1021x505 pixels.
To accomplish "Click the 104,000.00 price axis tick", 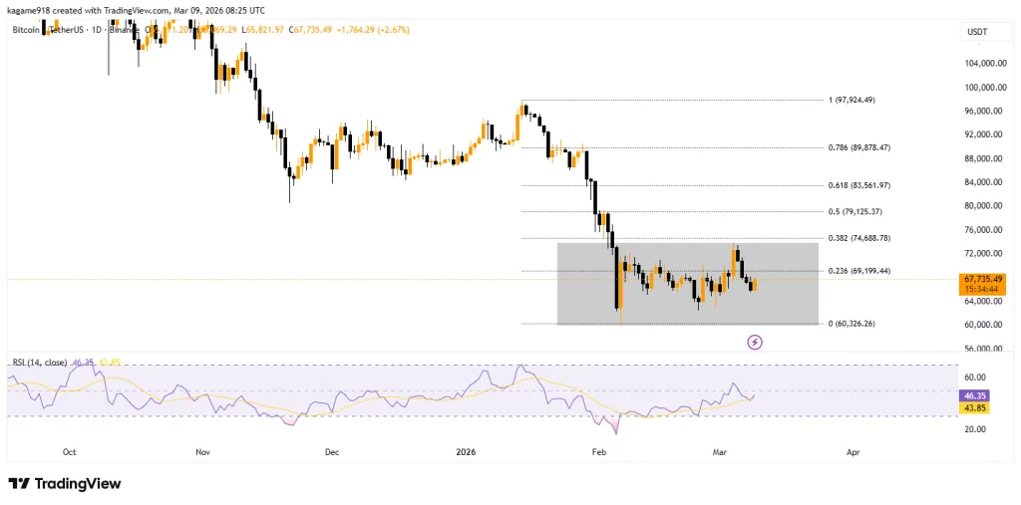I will point(984,63).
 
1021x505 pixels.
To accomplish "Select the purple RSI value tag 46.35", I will point(974,395).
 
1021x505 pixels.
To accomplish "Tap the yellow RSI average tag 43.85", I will point(974,407).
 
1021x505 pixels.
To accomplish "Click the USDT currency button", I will point(976,33).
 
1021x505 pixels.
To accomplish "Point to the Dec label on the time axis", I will point(332,451).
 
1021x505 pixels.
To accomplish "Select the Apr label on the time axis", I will point(852,451).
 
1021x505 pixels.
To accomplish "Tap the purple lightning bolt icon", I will point(755,343).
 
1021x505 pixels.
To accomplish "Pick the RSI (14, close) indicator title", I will point(39,362).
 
